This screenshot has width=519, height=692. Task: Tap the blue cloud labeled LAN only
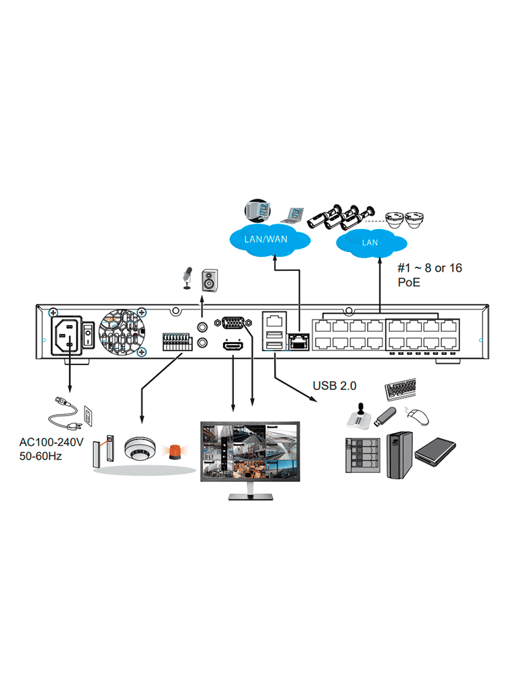tap(370, 241)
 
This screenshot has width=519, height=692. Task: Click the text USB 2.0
tap(335, 386)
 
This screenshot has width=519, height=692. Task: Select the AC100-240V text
tap(51, 443)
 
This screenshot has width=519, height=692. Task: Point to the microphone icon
tap(187, 277)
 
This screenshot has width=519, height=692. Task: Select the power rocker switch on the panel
tap(87, 334)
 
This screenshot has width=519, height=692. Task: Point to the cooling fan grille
tap(122, 332)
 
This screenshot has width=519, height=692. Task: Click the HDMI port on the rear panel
tap(233, 346)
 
